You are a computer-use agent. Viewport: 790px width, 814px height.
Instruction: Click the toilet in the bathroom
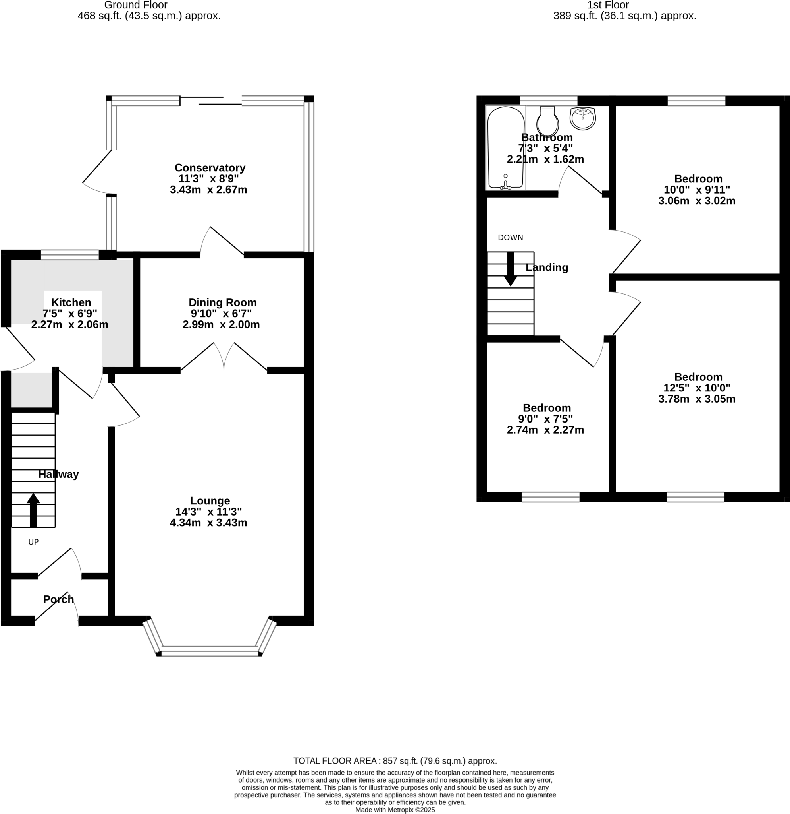click(548, 121)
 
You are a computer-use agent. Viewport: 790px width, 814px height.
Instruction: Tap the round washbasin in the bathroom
click(582, 118)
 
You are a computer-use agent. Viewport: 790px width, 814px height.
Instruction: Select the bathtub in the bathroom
click(505, 147)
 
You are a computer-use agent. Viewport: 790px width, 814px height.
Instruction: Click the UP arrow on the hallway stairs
click(33, 510)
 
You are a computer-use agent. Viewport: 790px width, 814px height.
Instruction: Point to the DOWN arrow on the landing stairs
click(511, 269)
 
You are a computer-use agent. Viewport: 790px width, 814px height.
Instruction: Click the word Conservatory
click(210, 168)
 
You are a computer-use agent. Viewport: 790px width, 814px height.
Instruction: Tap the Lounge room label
click(210, 500)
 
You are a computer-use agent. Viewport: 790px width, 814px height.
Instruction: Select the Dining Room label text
click(222, 302)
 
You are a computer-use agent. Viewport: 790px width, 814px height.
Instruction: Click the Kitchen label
click(71, 302)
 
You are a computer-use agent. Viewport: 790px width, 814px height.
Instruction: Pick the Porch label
click(58, 599)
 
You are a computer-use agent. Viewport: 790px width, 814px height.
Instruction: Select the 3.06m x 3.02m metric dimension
click(697, 201)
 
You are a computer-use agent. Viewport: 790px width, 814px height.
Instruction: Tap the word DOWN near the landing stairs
click(511, 238)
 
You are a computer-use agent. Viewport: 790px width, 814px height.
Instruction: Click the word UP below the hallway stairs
click(33, 542)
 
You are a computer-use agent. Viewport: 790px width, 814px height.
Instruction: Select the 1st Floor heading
click(608, 5)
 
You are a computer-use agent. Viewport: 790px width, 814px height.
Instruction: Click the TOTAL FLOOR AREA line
click(395, 761)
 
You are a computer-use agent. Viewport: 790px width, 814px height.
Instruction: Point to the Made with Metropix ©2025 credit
click(395, 810)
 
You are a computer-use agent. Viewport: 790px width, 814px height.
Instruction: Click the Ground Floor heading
click(136, 5)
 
